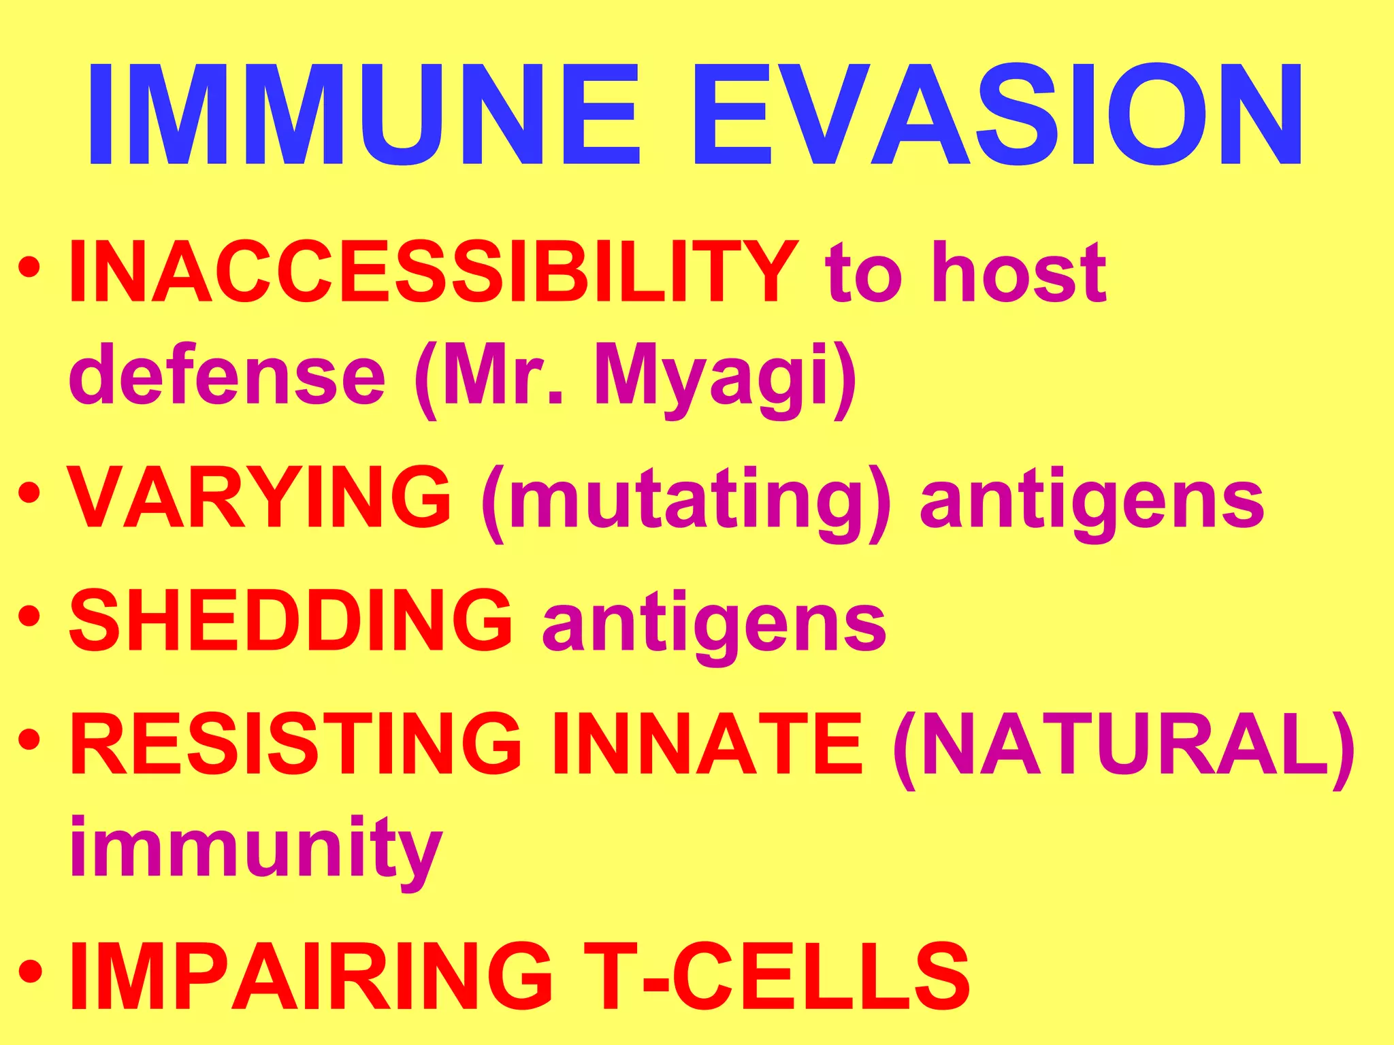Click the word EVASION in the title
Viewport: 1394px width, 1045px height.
(x=998, y=114)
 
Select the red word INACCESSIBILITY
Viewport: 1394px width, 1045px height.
(x=433, y=272)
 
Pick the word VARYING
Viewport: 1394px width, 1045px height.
(x=259, y=497)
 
